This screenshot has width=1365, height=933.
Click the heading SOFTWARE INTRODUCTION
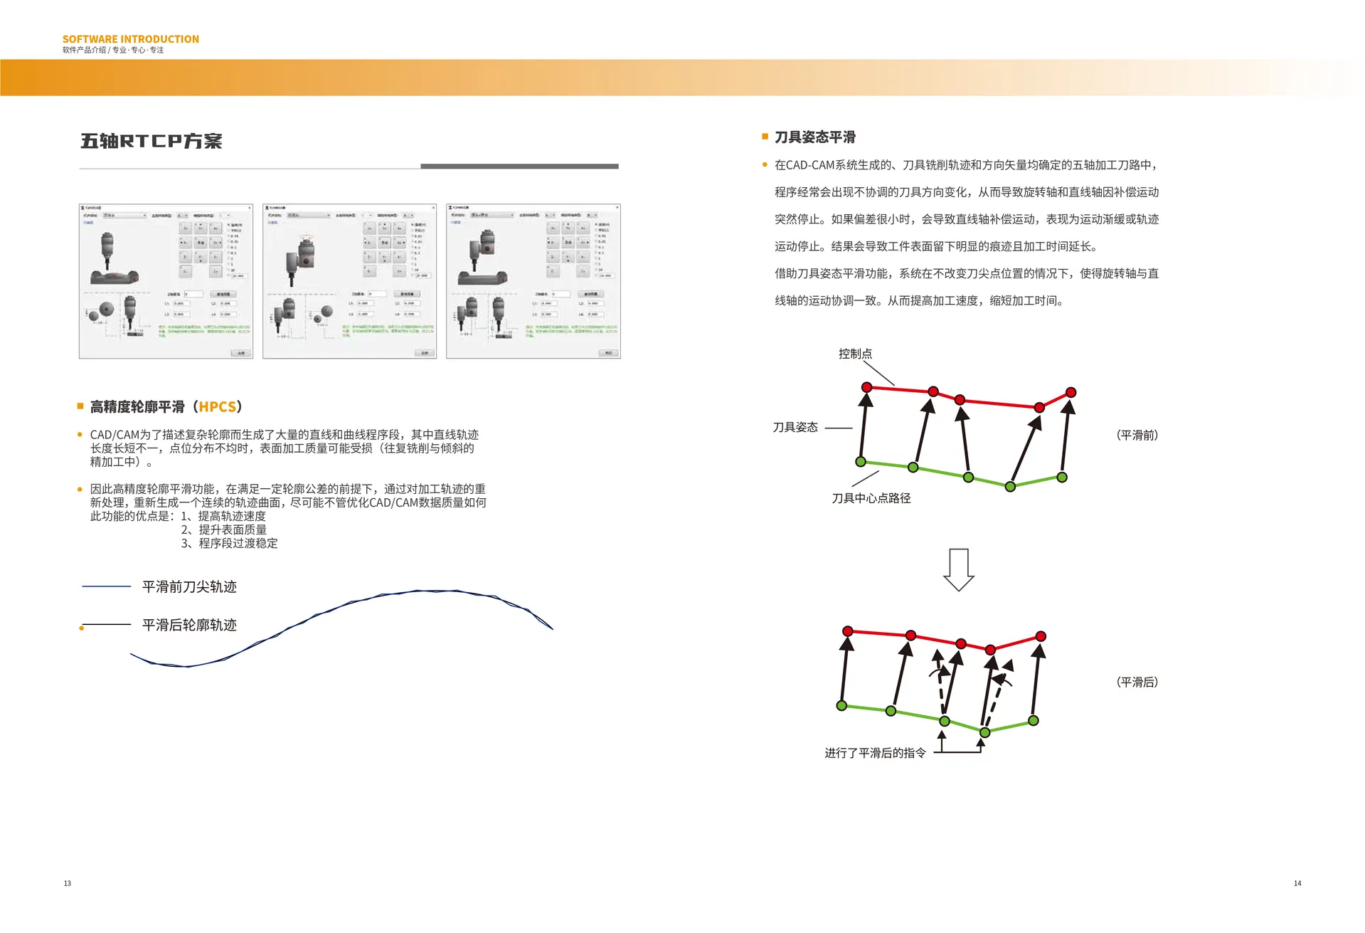point(130,39)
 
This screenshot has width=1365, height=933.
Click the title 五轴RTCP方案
point(151,141)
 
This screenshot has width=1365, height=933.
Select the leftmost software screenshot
point(166,281)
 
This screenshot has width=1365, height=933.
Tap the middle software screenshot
point(349,281)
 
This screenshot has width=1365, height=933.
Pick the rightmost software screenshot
point(533,281)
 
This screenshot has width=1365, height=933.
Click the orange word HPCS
point(217,407)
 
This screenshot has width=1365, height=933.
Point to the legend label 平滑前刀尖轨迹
point(189,587)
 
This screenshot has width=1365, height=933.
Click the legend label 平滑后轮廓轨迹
point(189,626)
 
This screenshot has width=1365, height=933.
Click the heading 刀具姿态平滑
point(814,137)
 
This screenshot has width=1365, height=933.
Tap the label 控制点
point(854,354)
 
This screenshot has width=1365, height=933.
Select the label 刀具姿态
point(795,428)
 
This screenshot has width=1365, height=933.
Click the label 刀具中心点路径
point(871,499)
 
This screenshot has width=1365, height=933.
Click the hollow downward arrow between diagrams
point(958,570)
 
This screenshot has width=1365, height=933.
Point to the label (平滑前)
point(1136,436)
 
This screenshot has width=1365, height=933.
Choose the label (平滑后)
point(1136,682)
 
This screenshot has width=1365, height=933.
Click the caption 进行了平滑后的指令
point(874,754)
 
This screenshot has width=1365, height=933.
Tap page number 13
point(68,884)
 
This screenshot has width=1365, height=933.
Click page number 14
point(1297,884)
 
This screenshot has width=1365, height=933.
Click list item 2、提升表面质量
point(223,530)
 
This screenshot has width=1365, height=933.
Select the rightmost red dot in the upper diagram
point(1071,393)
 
